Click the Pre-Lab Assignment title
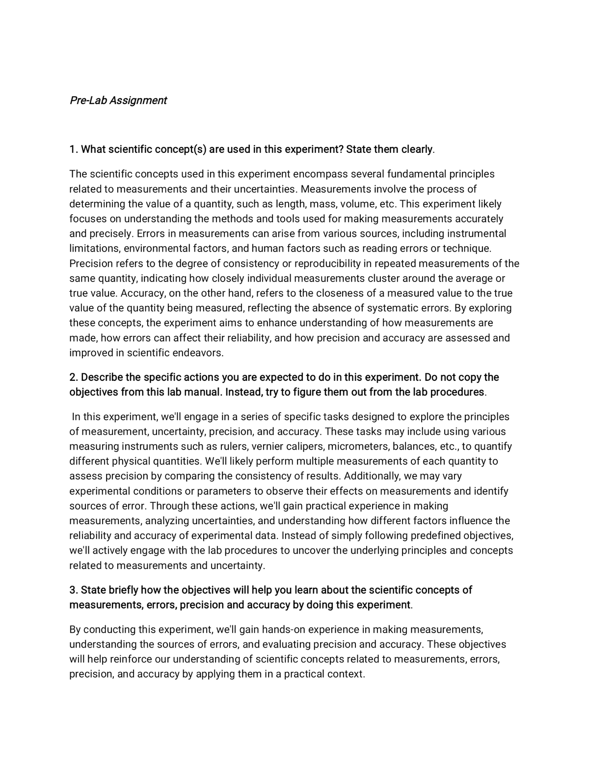coord(118,101)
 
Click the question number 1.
coord(73,149)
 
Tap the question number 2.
coord(73,377)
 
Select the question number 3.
coord(73,590)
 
